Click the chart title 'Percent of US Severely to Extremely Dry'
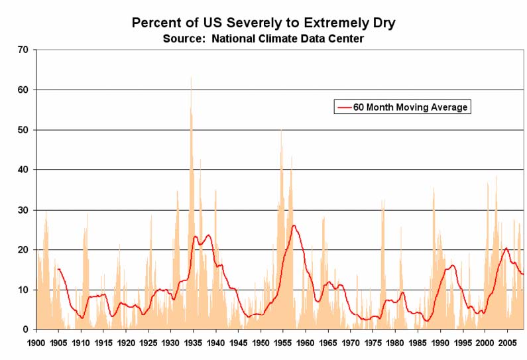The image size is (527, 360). tap(263, 23)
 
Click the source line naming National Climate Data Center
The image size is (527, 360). tap(263, 38)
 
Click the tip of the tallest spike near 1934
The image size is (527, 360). tap(191, 77)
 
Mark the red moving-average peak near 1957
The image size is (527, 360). tap(293, 225)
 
